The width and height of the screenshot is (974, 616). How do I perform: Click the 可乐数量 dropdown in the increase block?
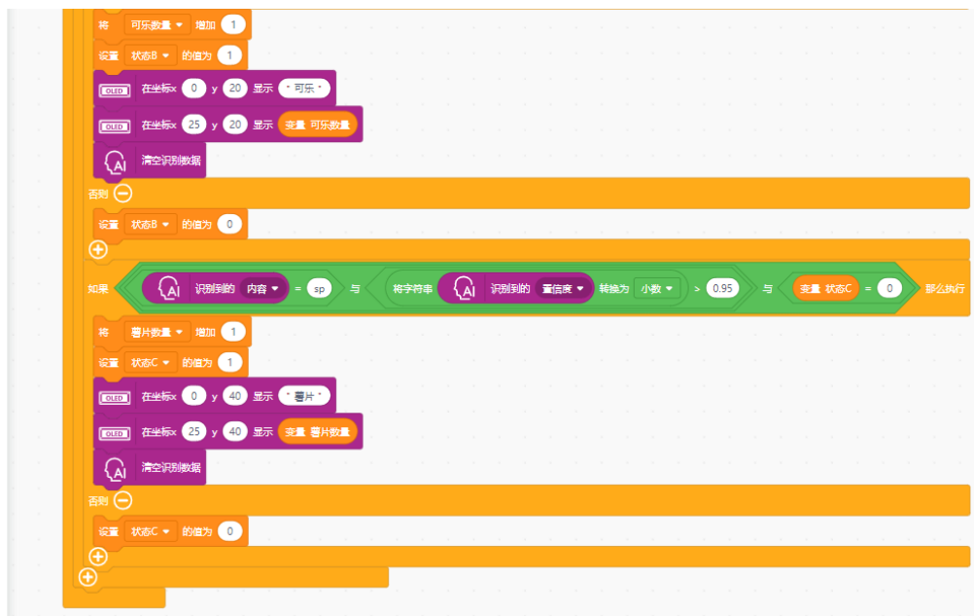click(x=157, y=25)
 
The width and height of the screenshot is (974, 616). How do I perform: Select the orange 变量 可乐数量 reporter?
click(x=318, y=125)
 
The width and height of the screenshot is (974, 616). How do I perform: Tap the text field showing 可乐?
click(x=303, y=89)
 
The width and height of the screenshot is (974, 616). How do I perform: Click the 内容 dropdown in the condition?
click(x=262, y=288)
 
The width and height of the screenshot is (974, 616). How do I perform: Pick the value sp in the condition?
click(x=319, y=288)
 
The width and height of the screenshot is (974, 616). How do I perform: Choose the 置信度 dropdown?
click(x=563, y=288)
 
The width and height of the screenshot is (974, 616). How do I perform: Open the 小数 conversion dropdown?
click(x=656, y=288)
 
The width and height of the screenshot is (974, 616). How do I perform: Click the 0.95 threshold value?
click(x=722, y=288)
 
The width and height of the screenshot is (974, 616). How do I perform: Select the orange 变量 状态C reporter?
click(x=825, y=288)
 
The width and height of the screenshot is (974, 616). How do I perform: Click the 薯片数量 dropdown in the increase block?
click(x=157, y=333)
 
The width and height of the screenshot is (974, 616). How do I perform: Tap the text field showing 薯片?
click(x=303, y=396)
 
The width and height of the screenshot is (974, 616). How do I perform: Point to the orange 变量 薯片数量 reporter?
click(x=318, y=432)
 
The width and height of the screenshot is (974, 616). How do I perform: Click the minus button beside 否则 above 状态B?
click(x=123, y=194)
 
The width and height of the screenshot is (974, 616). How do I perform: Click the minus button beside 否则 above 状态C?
click(x=123, y=501)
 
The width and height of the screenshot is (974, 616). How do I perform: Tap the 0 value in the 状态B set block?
click(x=229, y=225)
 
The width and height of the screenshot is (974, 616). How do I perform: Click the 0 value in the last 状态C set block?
click(x=229, y=531)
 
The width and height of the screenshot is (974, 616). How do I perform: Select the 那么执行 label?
click(x=946, y=288)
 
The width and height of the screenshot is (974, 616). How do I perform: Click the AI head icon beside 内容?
click(x=168, y=288)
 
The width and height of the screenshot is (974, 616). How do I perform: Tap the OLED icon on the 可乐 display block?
click(x=115, y=91)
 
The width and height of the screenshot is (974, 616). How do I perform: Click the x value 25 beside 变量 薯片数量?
click(x=194, y=432)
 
